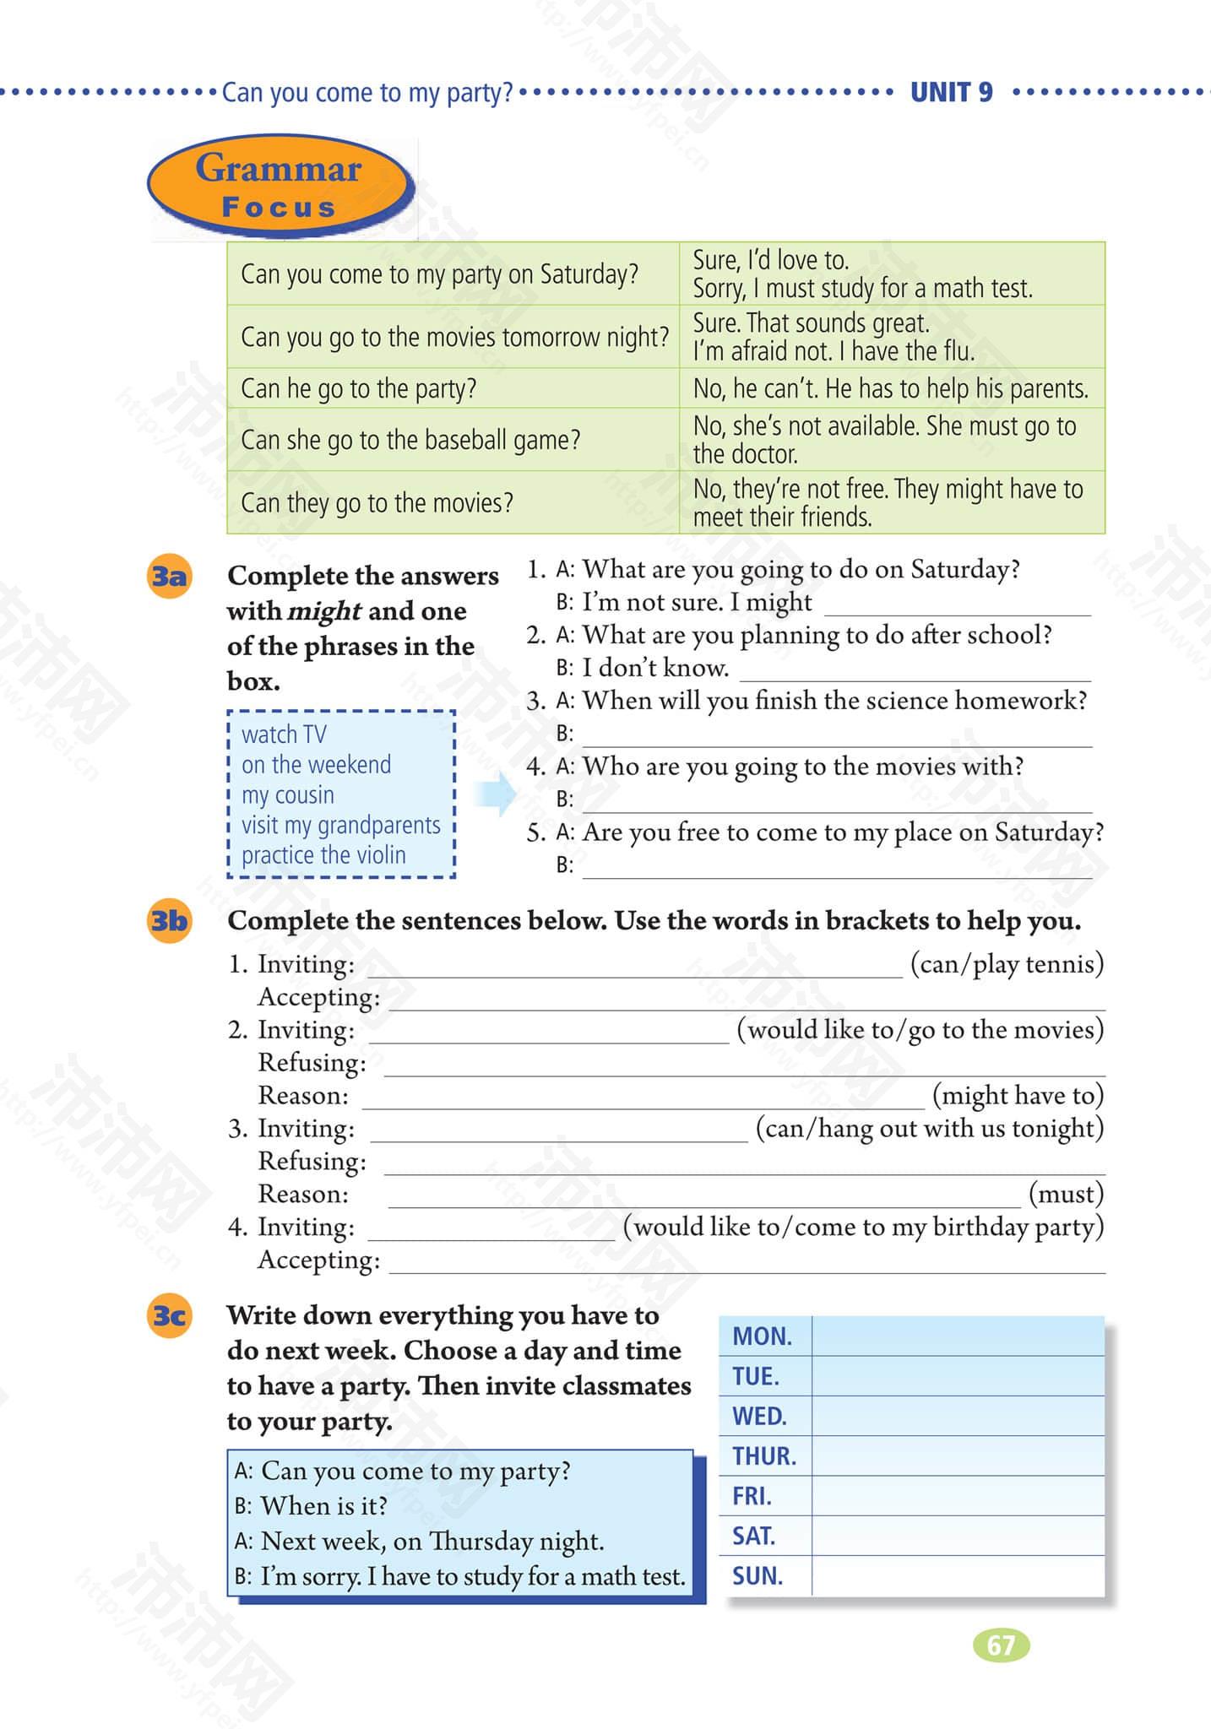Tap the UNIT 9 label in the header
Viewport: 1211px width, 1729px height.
pos(951,91)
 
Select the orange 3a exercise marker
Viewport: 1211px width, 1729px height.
pos(169,577)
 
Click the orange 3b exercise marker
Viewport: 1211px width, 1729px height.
pos(169,920)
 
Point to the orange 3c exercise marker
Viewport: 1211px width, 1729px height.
pos(169,1315)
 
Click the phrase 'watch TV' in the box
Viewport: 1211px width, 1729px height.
pos(284,734)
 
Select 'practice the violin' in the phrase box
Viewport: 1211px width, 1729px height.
pos(323,855)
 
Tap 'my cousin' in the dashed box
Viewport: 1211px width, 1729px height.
pos(288,795)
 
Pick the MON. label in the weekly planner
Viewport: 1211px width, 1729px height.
pos(762,1336)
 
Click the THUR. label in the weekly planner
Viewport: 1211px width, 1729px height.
pos(764,1456)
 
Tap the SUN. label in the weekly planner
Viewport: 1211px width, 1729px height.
pos(758,1576)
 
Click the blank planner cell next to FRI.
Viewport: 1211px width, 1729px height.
pos(958,1496)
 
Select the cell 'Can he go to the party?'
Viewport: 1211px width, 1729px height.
pos(359,388)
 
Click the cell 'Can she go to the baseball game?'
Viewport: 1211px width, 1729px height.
pos(410,440)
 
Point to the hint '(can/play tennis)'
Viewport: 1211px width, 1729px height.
pos(1007,963)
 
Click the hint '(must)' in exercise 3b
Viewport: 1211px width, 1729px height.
pos(1066,1194)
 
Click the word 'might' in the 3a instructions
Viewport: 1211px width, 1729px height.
pos(324,611)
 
